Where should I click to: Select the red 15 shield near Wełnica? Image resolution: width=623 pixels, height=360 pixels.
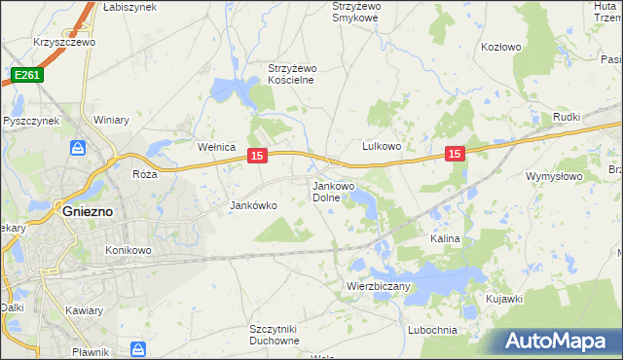[257, 156]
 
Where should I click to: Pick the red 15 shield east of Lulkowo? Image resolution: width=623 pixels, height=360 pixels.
[455, 153]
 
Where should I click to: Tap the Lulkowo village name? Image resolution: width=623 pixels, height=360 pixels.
[383, 146]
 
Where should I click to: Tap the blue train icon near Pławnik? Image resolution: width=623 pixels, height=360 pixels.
[138, 348]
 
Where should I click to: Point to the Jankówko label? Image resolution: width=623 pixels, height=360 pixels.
[254, 206]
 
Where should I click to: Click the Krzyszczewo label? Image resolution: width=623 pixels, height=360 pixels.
[62, 43]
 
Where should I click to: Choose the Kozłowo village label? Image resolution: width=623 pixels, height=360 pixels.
[502, 46]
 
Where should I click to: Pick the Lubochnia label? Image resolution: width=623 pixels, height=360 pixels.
[433, 330]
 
